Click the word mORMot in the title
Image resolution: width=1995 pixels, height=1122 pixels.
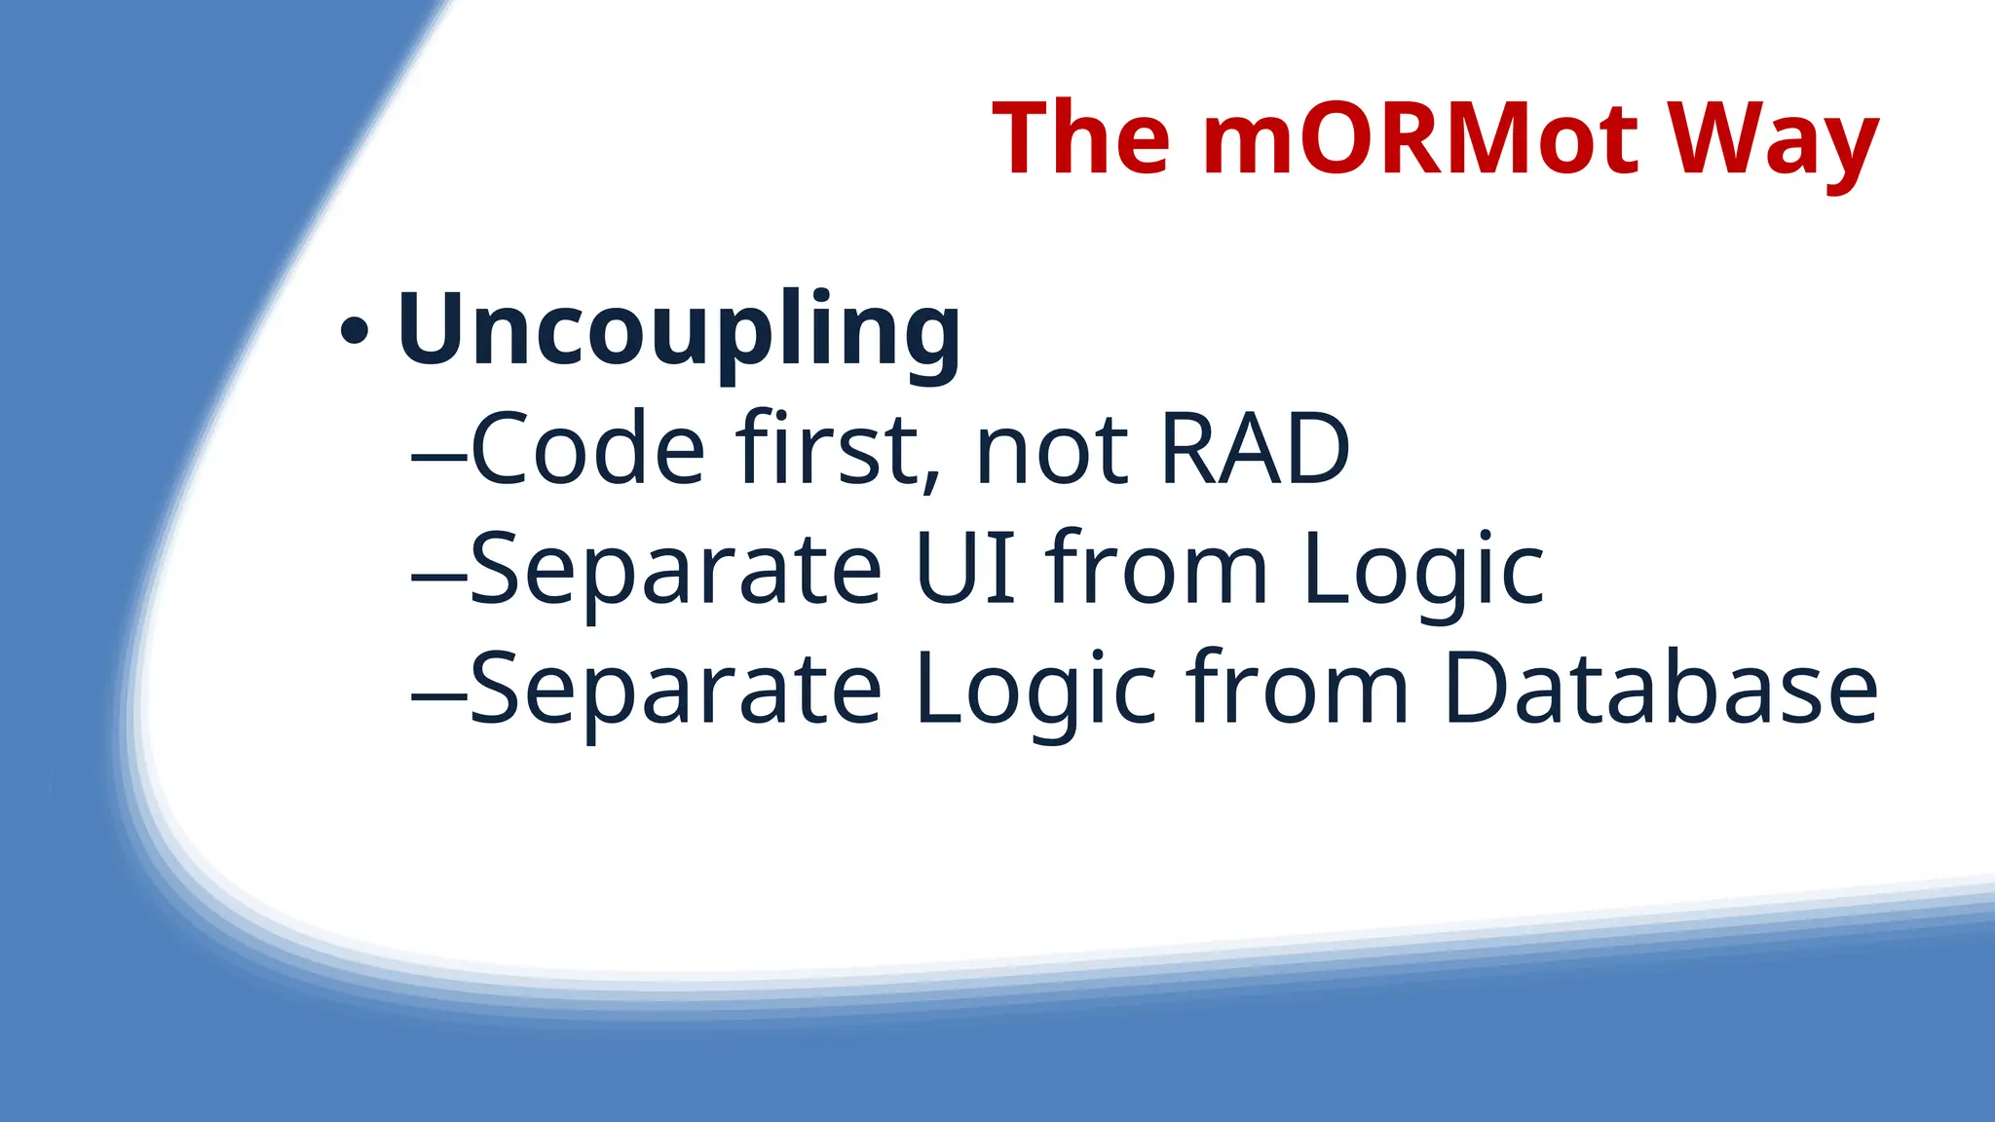1420,138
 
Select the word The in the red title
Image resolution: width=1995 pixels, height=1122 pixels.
1080,138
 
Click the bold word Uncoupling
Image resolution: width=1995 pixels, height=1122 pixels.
679,331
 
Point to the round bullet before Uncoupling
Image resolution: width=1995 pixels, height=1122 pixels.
355,332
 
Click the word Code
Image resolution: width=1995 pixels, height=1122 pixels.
587,449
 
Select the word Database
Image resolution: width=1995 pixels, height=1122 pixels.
1660,690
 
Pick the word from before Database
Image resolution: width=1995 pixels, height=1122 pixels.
1298,689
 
